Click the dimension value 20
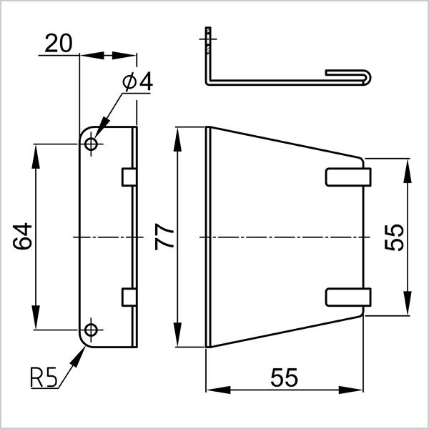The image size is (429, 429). point(58,44)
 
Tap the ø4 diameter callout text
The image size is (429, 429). point(138,83)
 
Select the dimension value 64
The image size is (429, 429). point(22,236)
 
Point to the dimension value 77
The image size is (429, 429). point(164,237)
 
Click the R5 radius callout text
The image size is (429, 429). point(44,377)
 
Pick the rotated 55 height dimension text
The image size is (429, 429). point(394,236)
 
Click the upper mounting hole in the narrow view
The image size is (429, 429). point(91,144)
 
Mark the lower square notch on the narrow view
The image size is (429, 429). point(129,297)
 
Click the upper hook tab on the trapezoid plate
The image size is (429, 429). point(349,177)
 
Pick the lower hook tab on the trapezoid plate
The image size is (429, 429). point(349,297)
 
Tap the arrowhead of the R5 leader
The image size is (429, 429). point(79,352)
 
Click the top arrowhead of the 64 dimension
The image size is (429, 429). point(35,150)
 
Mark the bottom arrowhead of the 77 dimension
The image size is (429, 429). point(177,341)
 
